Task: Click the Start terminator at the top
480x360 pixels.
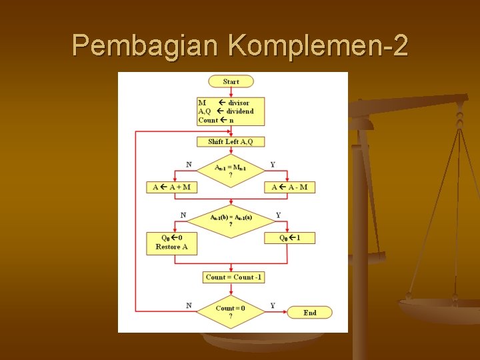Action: (x=231, y=81)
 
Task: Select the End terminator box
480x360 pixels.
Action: (x=309, y=313)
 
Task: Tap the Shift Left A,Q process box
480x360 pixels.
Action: (x=231, y=141)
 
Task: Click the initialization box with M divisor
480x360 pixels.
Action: (x=231, y=111)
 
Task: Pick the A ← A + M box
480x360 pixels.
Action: (x=171, y=187)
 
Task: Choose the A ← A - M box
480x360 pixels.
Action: (x=290, y=187)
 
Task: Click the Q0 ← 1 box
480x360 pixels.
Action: (x=290, y=238)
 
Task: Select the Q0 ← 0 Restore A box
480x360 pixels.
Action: (x=171, y=243)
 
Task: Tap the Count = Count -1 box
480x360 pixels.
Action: (x=233, y=277)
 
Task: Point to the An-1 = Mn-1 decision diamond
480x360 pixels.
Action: (x=231, y=171)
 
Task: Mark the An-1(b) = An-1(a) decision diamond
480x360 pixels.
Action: (x=231, y=221)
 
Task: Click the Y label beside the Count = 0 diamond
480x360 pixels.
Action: (x=273, y=305)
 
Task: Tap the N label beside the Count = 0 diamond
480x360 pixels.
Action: (x=189, y=305)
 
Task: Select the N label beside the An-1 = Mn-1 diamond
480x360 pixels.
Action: (x=189, y=164)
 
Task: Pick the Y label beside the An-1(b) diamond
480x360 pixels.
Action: (x=278, y=215)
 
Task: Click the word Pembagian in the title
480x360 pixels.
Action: (x=145, y=45)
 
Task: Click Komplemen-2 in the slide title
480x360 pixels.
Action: (x=317, y=45)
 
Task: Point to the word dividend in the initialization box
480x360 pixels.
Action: (x=240, y=111)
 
